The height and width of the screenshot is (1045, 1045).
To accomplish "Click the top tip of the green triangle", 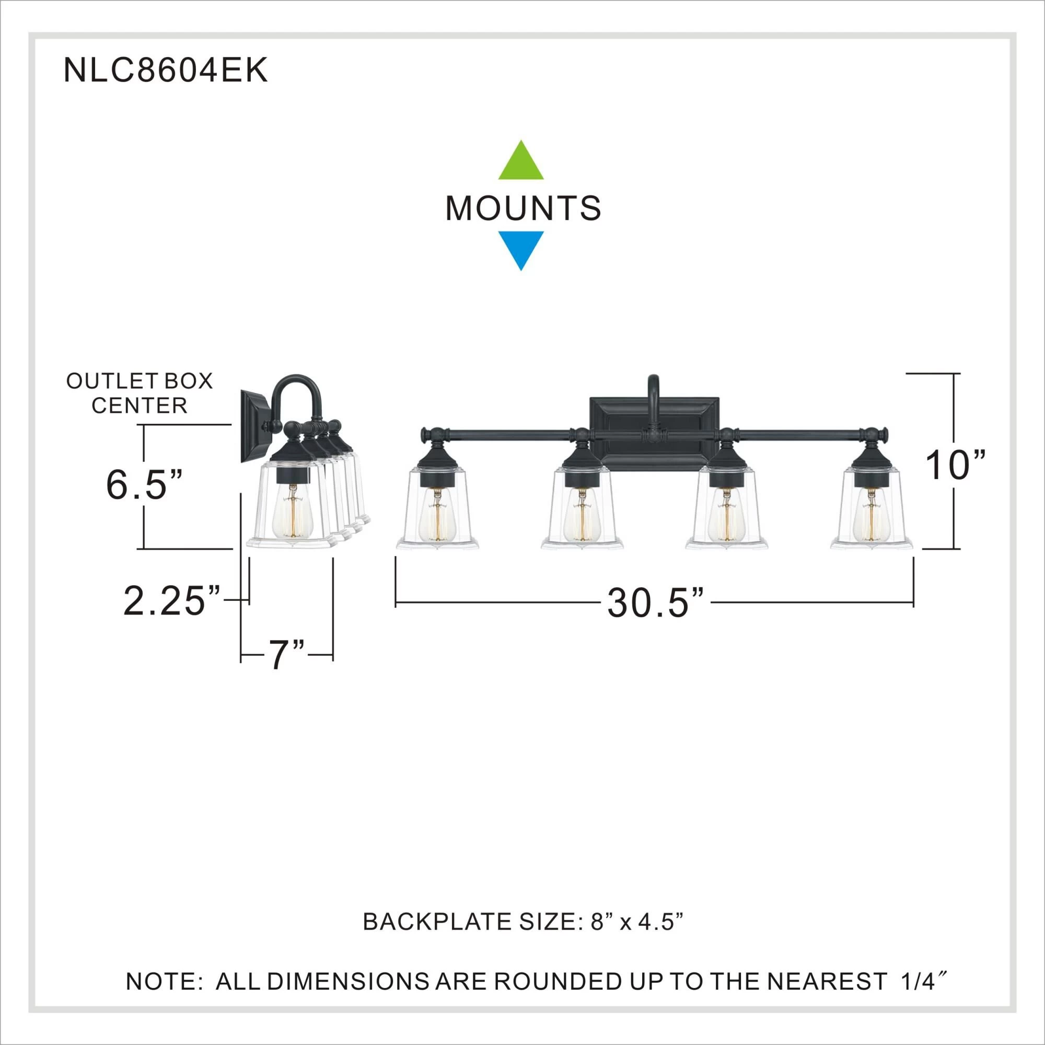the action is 520,140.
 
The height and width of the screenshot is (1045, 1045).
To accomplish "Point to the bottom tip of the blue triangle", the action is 521,271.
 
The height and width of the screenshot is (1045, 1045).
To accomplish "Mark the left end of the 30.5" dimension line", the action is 396,601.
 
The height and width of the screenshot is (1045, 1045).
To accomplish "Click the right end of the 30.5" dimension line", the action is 913,601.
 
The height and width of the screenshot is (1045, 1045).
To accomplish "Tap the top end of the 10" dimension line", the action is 954,374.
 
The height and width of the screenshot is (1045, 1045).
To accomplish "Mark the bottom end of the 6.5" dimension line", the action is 144,549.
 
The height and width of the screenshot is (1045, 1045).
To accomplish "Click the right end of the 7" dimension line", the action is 333,655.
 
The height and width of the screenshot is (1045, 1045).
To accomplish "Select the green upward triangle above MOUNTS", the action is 521,159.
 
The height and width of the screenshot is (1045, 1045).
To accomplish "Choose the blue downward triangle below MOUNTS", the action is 521,251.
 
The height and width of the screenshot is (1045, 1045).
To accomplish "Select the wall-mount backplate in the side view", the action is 254,426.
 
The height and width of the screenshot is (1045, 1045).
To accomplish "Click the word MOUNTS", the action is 522,208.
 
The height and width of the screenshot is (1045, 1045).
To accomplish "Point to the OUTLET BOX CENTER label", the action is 140,393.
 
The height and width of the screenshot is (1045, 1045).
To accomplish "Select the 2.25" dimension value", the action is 172,601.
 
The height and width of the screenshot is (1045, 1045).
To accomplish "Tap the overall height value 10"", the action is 955,465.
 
